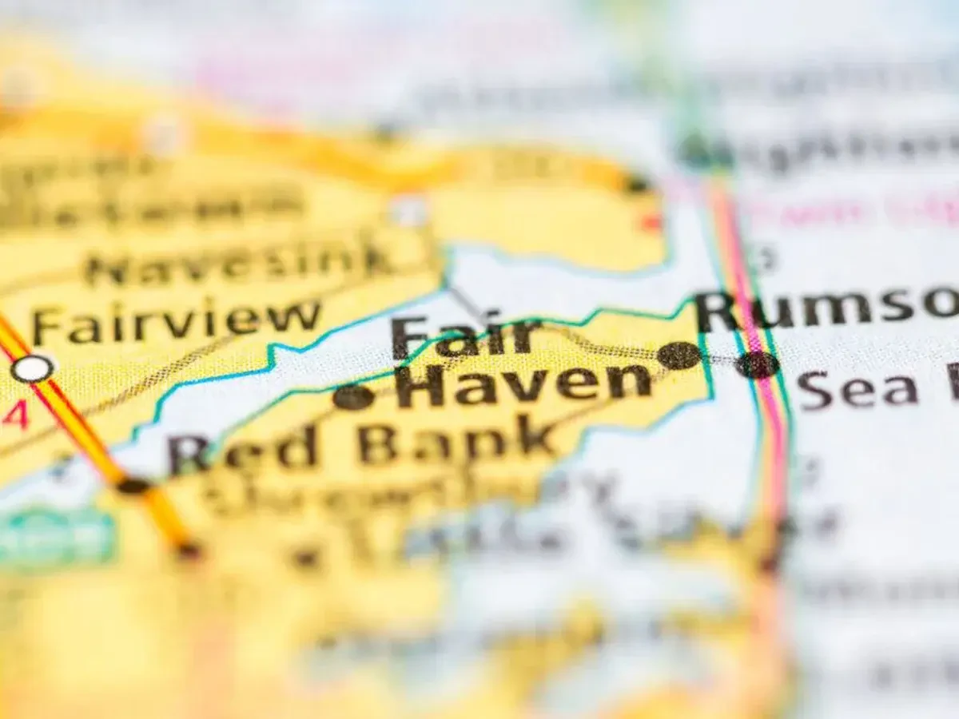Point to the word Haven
(x=523, y=384)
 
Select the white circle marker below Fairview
(x=33, y=368)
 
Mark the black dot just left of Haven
(x=353, y=396)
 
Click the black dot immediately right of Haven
(x=679, y=356)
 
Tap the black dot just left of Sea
(x=758, y=365)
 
